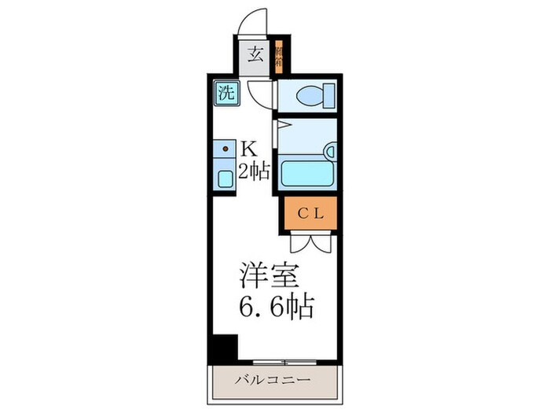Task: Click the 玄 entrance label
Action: (255, 55)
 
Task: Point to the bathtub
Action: (306, 171)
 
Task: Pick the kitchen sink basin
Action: (225, 178)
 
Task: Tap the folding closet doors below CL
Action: (309, 241)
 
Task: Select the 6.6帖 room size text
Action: (277, 305)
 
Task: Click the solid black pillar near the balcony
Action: (224, 347)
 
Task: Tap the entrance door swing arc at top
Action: (258, 22)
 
